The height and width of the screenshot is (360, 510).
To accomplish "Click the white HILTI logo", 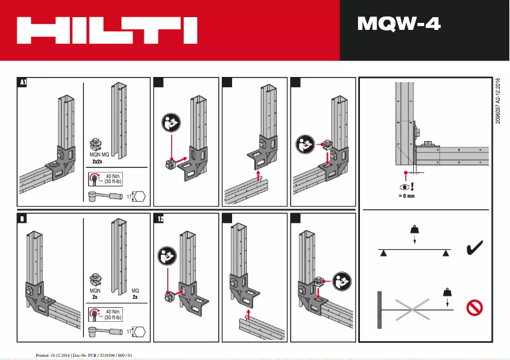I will (x=107, y=30).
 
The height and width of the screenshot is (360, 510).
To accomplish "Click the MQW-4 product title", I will (x=399, y=24).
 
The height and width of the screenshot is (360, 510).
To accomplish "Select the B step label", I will (x=22, y=219).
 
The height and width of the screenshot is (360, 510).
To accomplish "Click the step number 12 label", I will (x=160, y=219).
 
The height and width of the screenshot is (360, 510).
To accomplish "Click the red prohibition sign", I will (x=474, y=308).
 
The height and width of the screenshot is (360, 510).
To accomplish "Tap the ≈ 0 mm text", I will (x=406, y=197).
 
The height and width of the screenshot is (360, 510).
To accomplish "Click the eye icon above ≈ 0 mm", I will (x=404, y=186).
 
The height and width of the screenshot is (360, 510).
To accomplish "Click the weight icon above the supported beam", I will (x=414, y=229).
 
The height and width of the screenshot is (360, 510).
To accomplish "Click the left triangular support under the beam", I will (x=383, y=253).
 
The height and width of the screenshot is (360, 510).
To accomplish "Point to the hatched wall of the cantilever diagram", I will (x=380, y=310).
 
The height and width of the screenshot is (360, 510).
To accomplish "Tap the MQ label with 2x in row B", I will (x=135, y=294).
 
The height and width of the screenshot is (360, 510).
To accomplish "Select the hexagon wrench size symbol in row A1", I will (x=140, y=197).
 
